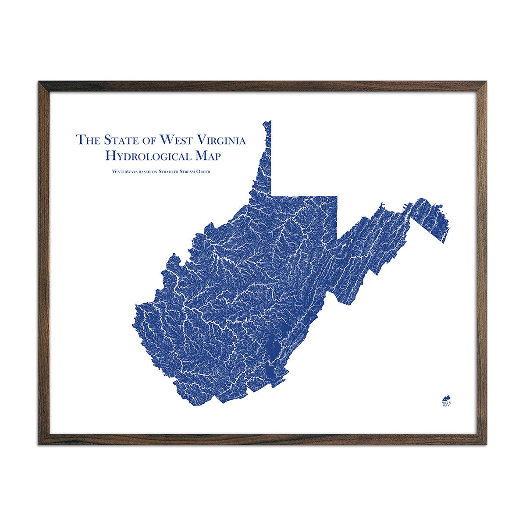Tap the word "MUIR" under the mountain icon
tap(446, 401)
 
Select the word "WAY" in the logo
tap(446, 405)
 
